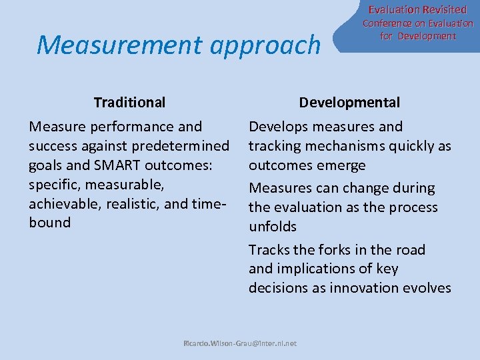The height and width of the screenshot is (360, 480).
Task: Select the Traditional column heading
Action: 129,103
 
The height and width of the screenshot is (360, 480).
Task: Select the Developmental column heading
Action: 349,103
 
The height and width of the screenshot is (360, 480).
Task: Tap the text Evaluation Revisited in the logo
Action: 417,9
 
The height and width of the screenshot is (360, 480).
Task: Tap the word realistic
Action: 138,204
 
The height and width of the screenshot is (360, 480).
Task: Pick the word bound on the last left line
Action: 50,223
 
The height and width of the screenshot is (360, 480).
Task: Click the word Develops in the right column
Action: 278,127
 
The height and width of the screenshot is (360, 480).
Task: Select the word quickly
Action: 404,146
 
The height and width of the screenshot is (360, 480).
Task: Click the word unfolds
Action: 272,227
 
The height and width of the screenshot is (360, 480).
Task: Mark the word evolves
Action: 428,288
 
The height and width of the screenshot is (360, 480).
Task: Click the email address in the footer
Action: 240,343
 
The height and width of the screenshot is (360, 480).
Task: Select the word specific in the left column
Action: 53,185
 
